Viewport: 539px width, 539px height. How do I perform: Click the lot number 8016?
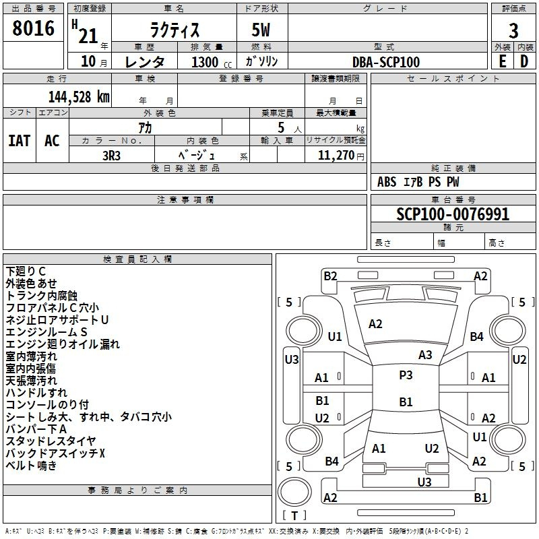click(33, 29)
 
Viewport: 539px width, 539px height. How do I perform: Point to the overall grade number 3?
click(513, 30)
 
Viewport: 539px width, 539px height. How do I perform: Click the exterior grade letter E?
click(502, 61)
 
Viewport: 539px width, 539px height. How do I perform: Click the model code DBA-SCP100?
click(387, 62)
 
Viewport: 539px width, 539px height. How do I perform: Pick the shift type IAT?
click(19, 141)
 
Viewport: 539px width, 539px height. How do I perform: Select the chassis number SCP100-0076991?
click(453, 214)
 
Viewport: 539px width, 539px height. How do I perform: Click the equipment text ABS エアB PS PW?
click(419, 182)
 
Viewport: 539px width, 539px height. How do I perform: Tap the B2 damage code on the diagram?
click(330, 276)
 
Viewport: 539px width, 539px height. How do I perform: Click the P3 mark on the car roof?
click(406, 375)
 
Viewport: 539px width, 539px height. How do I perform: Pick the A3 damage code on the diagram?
click(425, 355)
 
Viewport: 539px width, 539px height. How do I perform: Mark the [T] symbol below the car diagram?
click(294, 516)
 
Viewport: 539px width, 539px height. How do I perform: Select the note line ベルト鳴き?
click(31, 465)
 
